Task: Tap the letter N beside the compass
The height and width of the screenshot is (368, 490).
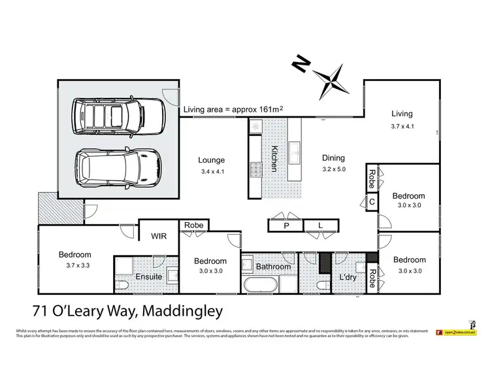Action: coord(301,63)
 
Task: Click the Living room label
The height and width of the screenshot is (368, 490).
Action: coord(402,114)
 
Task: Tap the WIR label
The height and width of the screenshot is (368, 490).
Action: coord(159,235)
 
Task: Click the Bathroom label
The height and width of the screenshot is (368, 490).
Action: coord(273,267)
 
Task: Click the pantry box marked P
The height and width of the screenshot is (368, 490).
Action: coord(286,226)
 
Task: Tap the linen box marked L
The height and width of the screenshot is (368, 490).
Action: coord(321,226)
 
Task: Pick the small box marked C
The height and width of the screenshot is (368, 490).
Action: coord(371,202)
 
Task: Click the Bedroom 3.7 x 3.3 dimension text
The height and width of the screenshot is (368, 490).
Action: coord(75,265)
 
